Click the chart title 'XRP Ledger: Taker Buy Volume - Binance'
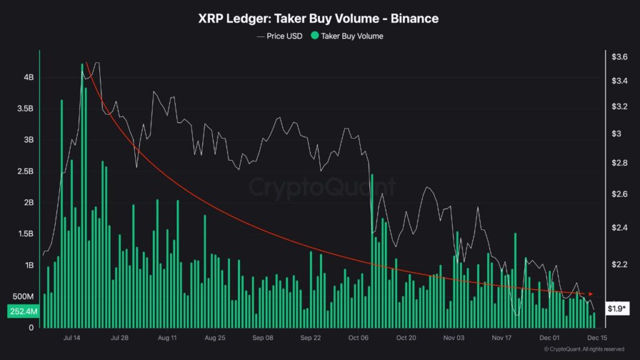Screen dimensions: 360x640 coord(319,18)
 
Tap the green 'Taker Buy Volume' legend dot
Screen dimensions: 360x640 coord(314,36)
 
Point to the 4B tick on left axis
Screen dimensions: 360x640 coord(29,77)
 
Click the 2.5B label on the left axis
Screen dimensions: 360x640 coord(26,171)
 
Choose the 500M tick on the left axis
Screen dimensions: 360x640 coord(24,296)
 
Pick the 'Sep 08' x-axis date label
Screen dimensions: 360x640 coord(262,337)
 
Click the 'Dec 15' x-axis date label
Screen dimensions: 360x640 coord(597,337)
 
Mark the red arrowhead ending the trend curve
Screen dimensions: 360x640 coord(591,293)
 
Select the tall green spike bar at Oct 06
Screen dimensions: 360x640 coord(371,250)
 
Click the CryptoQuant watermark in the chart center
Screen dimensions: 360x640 coord(322,187)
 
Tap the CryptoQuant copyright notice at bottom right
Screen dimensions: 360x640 coord(584,349)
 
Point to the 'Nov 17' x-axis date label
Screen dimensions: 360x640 coord(502,337)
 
